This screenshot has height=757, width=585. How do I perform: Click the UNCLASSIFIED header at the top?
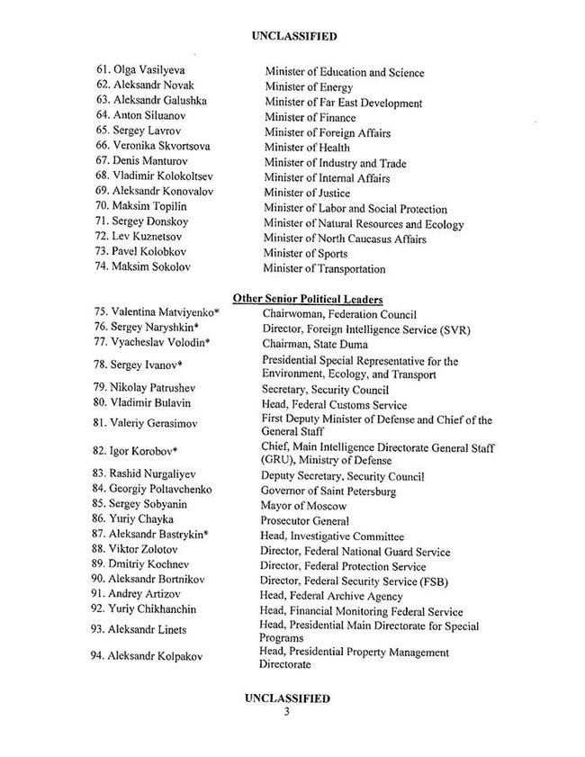pyautogui.click(x=291, y=37)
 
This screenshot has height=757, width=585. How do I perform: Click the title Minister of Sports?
pyautogui.click(x=306, y=253)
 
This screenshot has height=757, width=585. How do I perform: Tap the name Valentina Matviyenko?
pyautogui.click(x=163, y=312)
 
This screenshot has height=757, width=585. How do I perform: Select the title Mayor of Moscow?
pyautogui.click(x=301, y=506)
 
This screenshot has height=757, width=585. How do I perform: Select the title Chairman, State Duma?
pyautogui.click(x=316, y=343)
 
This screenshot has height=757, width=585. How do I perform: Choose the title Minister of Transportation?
pyautogui.click(x=324, y=268)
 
